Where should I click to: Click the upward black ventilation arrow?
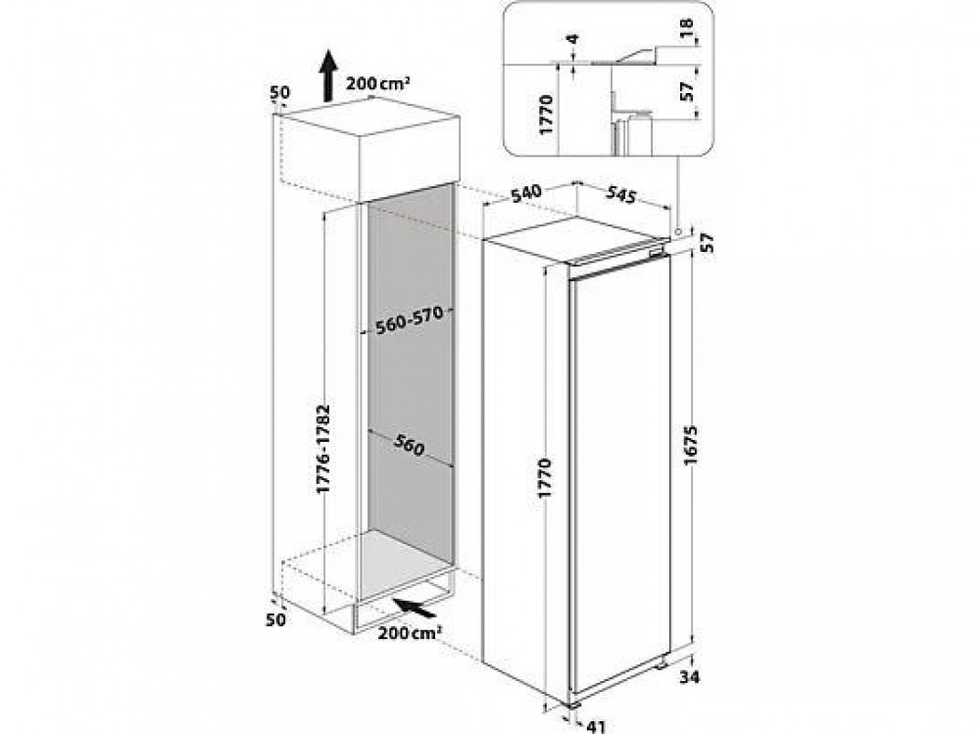[x=327, y=75]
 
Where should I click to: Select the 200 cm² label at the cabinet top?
[x=377, y=83]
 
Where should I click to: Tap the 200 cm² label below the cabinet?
[x=410, y=633]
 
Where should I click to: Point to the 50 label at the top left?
[x=280, y=92]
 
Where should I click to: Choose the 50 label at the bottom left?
[x=275, y=619]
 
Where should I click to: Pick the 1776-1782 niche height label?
[x=322, y=448]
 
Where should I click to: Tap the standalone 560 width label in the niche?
[x=410, y=444]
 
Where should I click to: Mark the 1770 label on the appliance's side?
[x=545, y=477]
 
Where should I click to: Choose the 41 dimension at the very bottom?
[x=597, y=726]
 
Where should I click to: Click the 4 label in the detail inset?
[x=572, y=39]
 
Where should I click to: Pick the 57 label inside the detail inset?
[x=687, y=92]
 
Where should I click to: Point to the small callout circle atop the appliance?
[x=677, y=231]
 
